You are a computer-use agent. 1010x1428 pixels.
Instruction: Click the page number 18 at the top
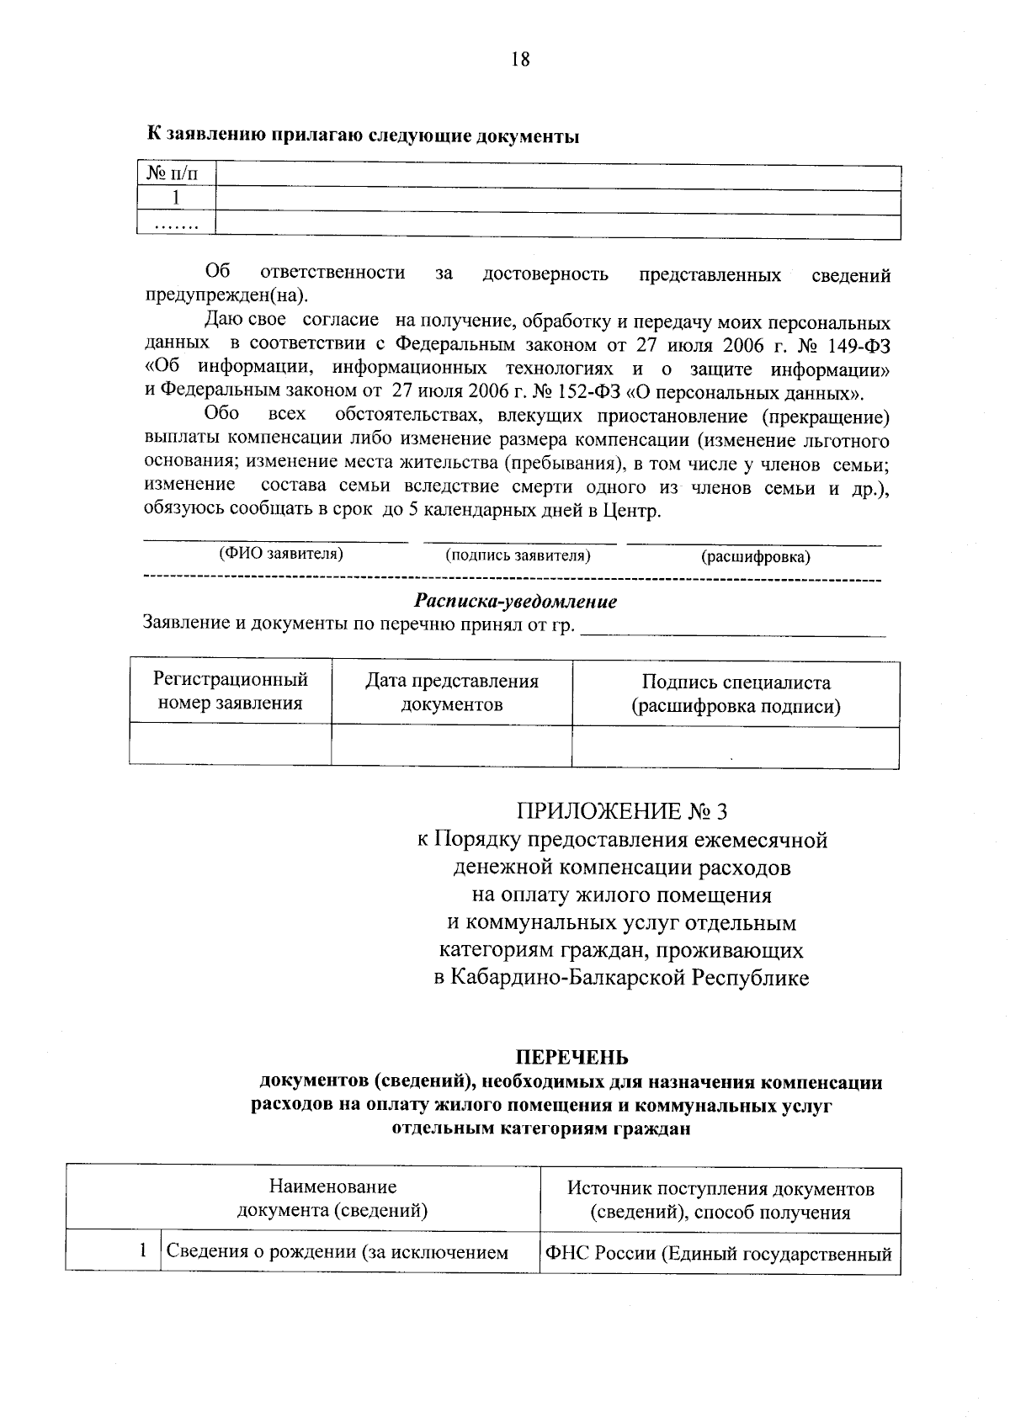pyautogui.click(x=520, y=59)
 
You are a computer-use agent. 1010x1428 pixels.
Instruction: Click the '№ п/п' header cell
pyautogui.click(x=174, y=174)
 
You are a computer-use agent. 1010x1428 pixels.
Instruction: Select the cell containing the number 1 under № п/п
pyautogui.click(x=176, y=199)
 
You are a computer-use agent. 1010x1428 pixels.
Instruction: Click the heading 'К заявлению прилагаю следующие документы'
pyautogui.click(x=363, y=135)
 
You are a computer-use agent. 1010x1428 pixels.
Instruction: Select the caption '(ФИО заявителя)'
pyautogui.click(x=281, y=554)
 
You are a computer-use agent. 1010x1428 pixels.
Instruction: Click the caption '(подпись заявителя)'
pyautogui.click(x=518, y=555)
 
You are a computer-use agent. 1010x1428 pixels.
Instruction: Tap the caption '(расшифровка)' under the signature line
pyautogui.click(x=755, y=557)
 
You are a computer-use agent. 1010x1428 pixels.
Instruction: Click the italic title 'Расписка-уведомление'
pyautogui.click(x=515, y=602)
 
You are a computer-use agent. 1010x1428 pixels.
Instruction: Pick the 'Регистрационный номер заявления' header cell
pyautogui.click(x=230, y=692)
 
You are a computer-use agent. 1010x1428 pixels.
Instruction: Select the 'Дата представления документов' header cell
pyautogui.click(x=451, y=693)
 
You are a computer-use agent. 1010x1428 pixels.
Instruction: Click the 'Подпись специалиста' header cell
pyautogui.click(x=736, y=694)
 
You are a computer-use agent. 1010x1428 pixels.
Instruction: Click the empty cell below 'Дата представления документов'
pyautogui.click(x=451, y=746)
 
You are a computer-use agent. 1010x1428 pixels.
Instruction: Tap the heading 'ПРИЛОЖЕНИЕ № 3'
pyautogui.click(x=621, y=811)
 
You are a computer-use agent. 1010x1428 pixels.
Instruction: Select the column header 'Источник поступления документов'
pyautogui.click(x=720, y=1189)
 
